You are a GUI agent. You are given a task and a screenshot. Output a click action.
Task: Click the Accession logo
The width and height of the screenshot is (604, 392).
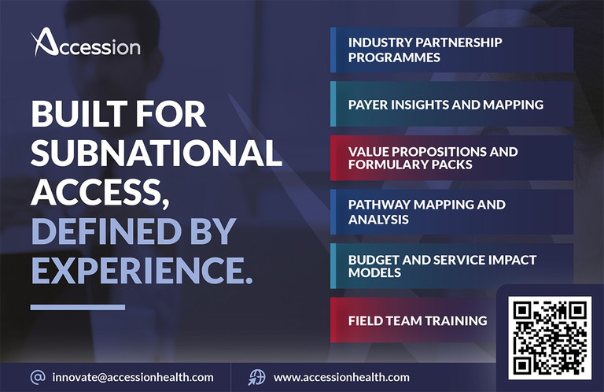(86, 42)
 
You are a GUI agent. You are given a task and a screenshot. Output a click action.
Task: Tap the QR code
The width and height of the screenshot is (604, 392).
(550, 338)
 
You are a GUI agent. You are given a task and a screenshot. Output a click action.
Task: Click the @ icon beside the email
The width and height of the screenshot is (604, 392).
(38, 377)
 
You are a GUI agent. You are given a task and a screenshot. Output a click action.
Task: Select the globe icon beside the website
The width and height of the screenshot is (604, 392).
(256, 377)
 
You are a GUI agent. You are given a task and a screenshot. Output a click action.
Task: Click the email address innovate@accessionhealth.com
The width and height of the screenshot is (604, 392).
(133, 377)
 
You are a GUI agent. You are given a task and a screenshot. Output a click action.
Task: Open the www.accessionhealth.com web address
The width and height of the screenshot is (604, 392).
(341, 377)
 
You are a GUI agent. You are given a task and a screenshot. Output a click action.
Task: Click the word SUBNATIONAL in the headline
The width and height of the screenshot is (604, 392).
(157, 152)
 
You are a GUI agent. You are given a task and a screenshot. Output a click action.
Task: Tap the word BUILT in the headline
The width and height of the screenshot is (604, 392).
(79, 113)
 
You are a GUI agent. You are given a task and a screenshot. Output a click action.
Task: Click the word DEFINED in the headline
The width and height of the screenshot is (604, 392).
(106, 231)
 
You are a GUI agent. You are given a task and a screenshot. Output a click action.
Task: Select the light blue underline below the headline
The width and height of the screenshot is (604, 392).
(78, 307)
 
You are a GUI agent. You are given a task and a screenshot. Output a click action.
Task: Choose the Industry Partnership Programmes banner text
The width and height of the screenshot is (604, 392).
(425, 50)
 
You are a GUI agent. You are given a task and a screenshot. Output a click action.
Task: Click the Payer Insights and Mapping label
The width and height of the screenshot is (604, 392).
(446, 105)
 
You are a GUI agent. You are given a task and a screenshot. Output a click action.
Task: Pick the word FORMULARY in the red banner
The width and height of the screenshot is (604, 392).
(388, 165)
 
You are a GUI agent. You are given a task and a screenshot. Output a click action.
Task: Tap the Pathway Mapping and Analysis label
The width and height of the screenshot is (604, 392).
(427, 212)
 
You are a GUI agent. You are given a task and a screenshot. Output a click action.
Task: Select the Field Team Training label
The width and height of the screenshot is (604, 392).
(418, 320)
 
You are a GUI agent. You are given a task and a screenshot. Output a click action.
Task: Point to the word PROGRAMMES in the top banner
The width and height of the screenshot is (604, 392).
(394, 57)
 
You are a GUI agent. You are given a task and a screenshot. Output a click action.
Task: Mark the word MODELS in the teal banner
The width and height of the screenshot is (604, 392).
(374, 273)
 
